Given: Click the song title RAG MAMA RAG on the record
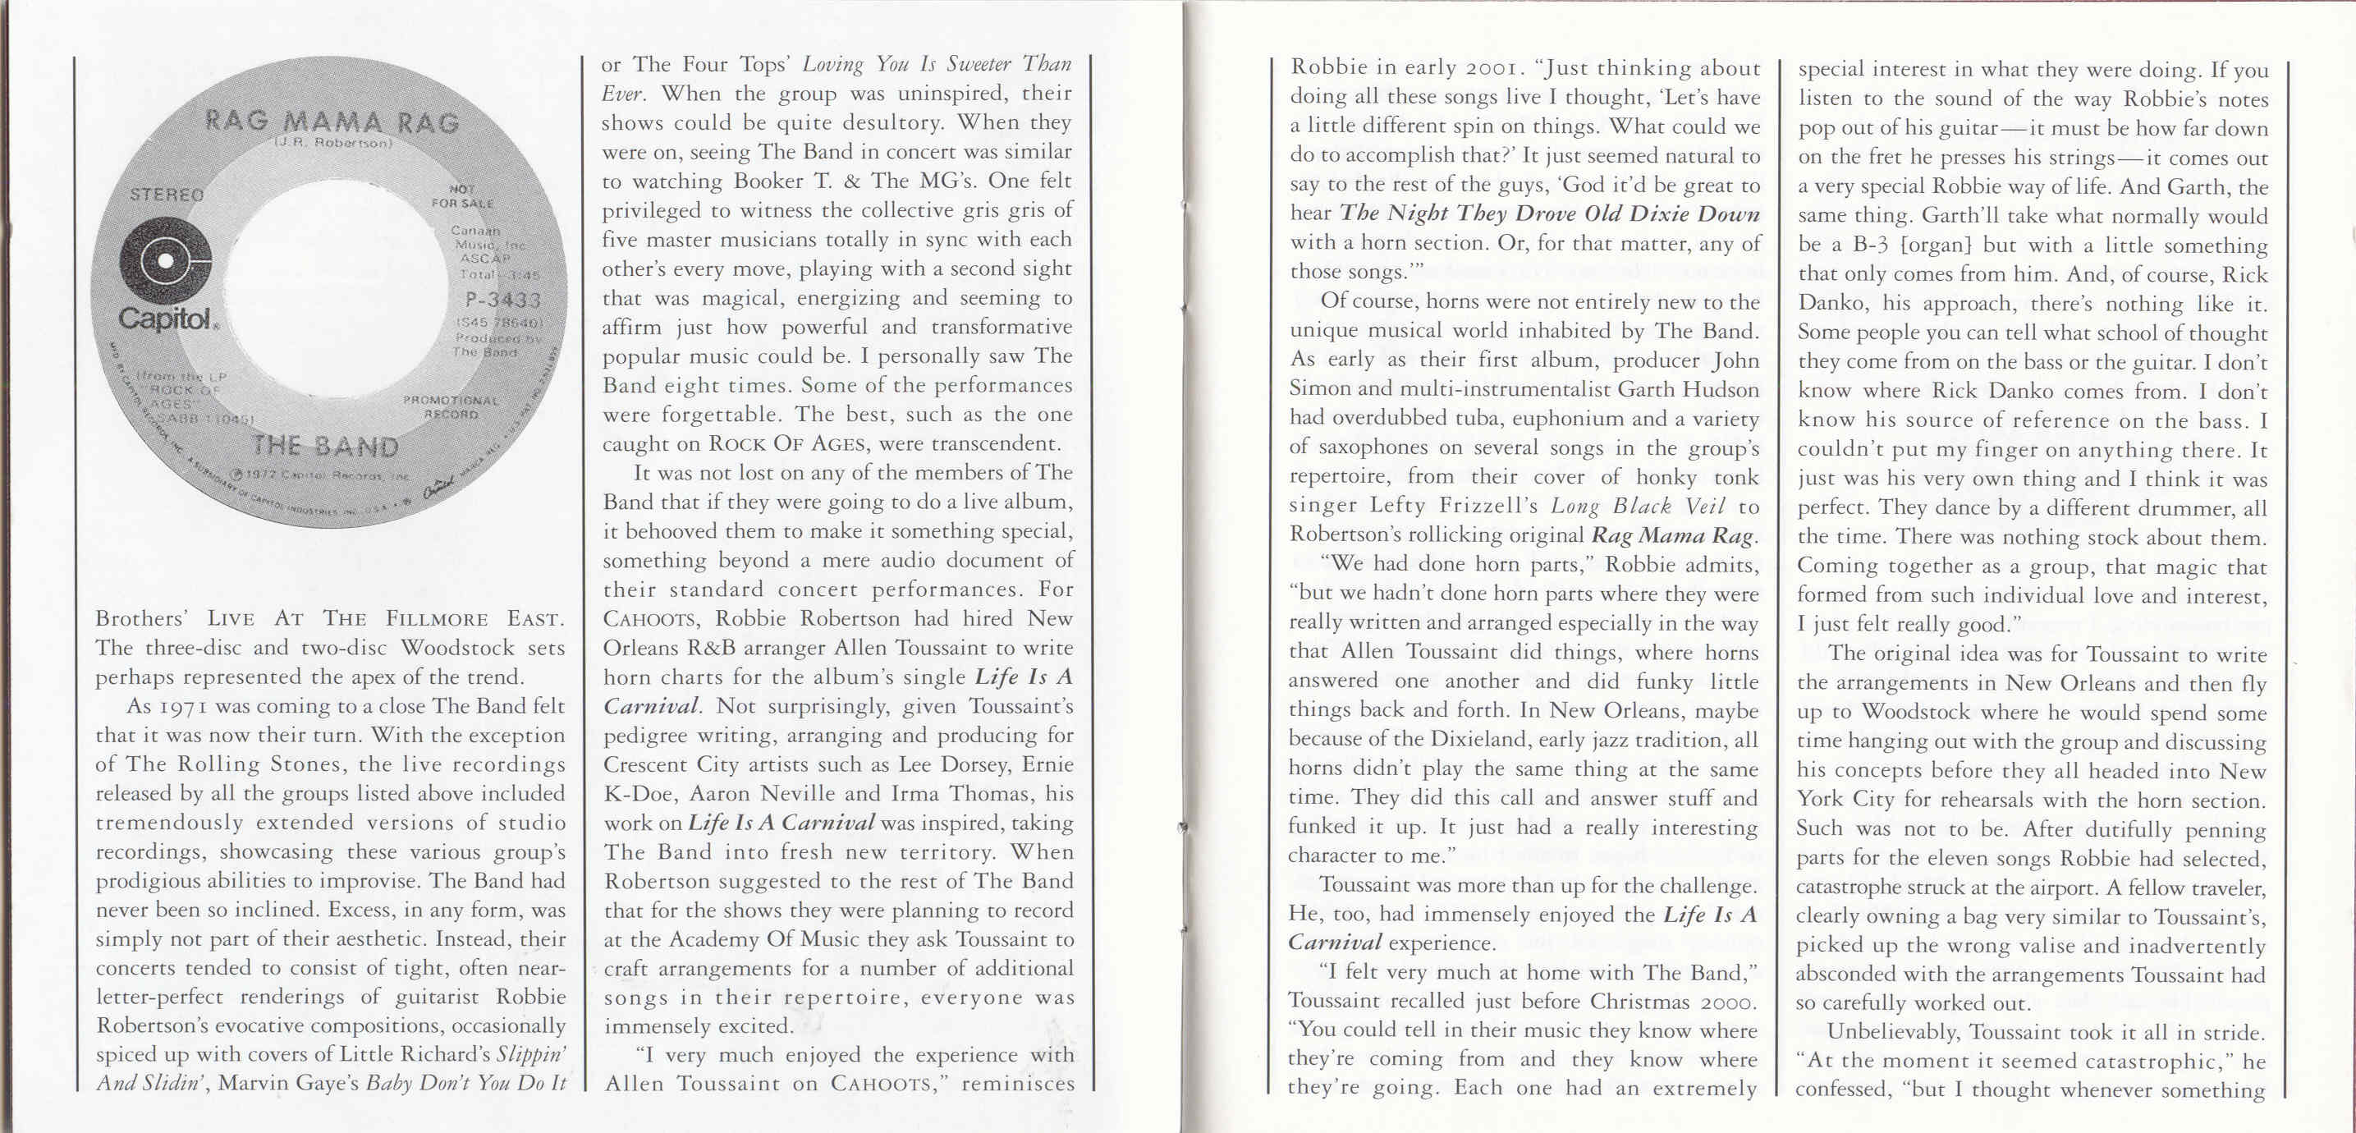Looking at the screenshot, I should [x=330, y=122].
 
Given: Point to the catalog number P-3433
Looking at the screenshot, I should [x=502, y=300].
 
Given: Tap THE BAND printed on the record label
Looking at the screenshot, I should [x=326, y=447].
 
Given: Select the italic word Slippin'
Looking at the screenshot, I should [x=530, y=1054].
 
